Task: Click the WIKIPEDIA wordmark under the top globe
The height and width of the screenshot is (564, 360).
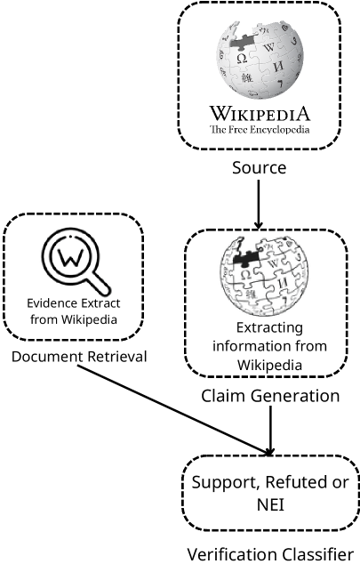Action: click(x=259, y=114)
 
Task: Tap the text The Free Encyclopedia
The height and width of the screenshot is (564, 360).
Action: click(x=259, y=130)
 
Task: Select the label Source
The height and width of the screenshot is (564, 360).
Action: click(x=259, y=167)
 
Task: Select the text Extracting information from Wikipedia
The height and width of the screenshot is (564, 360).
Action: click(x=258, y=345)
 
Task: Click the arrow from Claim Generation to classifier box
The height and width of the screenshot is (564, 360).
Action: click(x=271, y=431)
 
